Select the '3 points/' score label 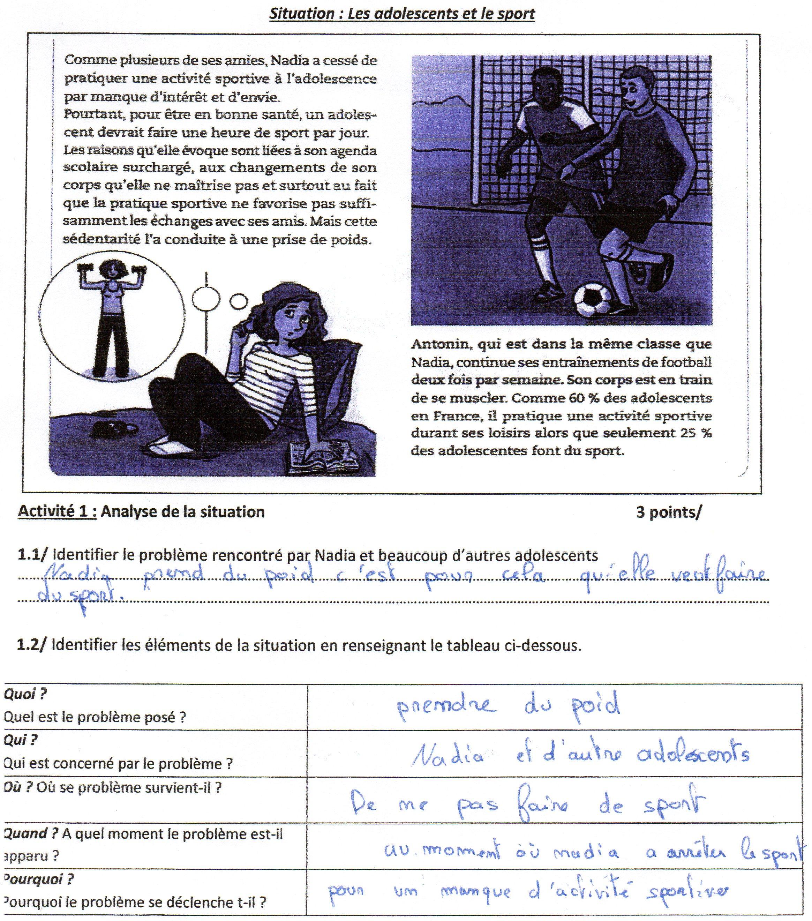[x=669, y=512]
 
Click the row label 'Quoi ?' [x=25, y=694]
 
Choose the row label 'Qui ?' [x=21, y=740]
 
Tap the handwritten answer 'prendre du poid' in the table [x=508, y=706]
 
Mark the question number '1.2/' [x=31, y=645]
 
